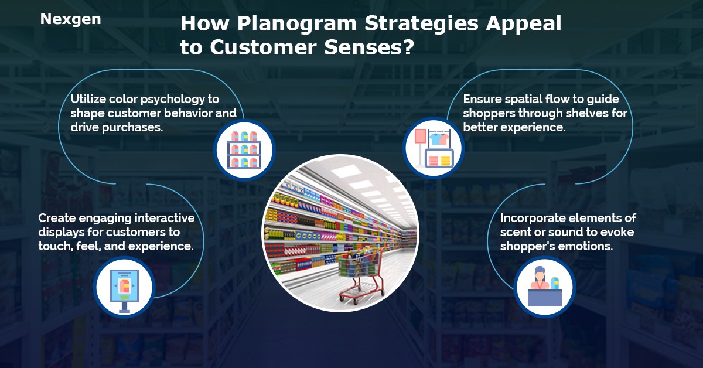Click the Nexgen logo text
point(71,19)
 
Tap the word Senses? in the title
point(369,47)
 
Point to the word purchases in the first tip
point(132,128)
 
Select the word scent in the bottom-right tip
point(515,233)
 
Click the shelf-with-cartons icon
point(244,150)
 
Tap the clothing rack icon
point(434,148)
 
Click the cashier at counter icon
point(544,287)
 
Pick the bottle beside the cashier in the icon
point(555,283)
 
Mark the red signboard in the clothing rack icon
point(420,137)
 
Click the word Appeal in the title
point(523,25)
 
